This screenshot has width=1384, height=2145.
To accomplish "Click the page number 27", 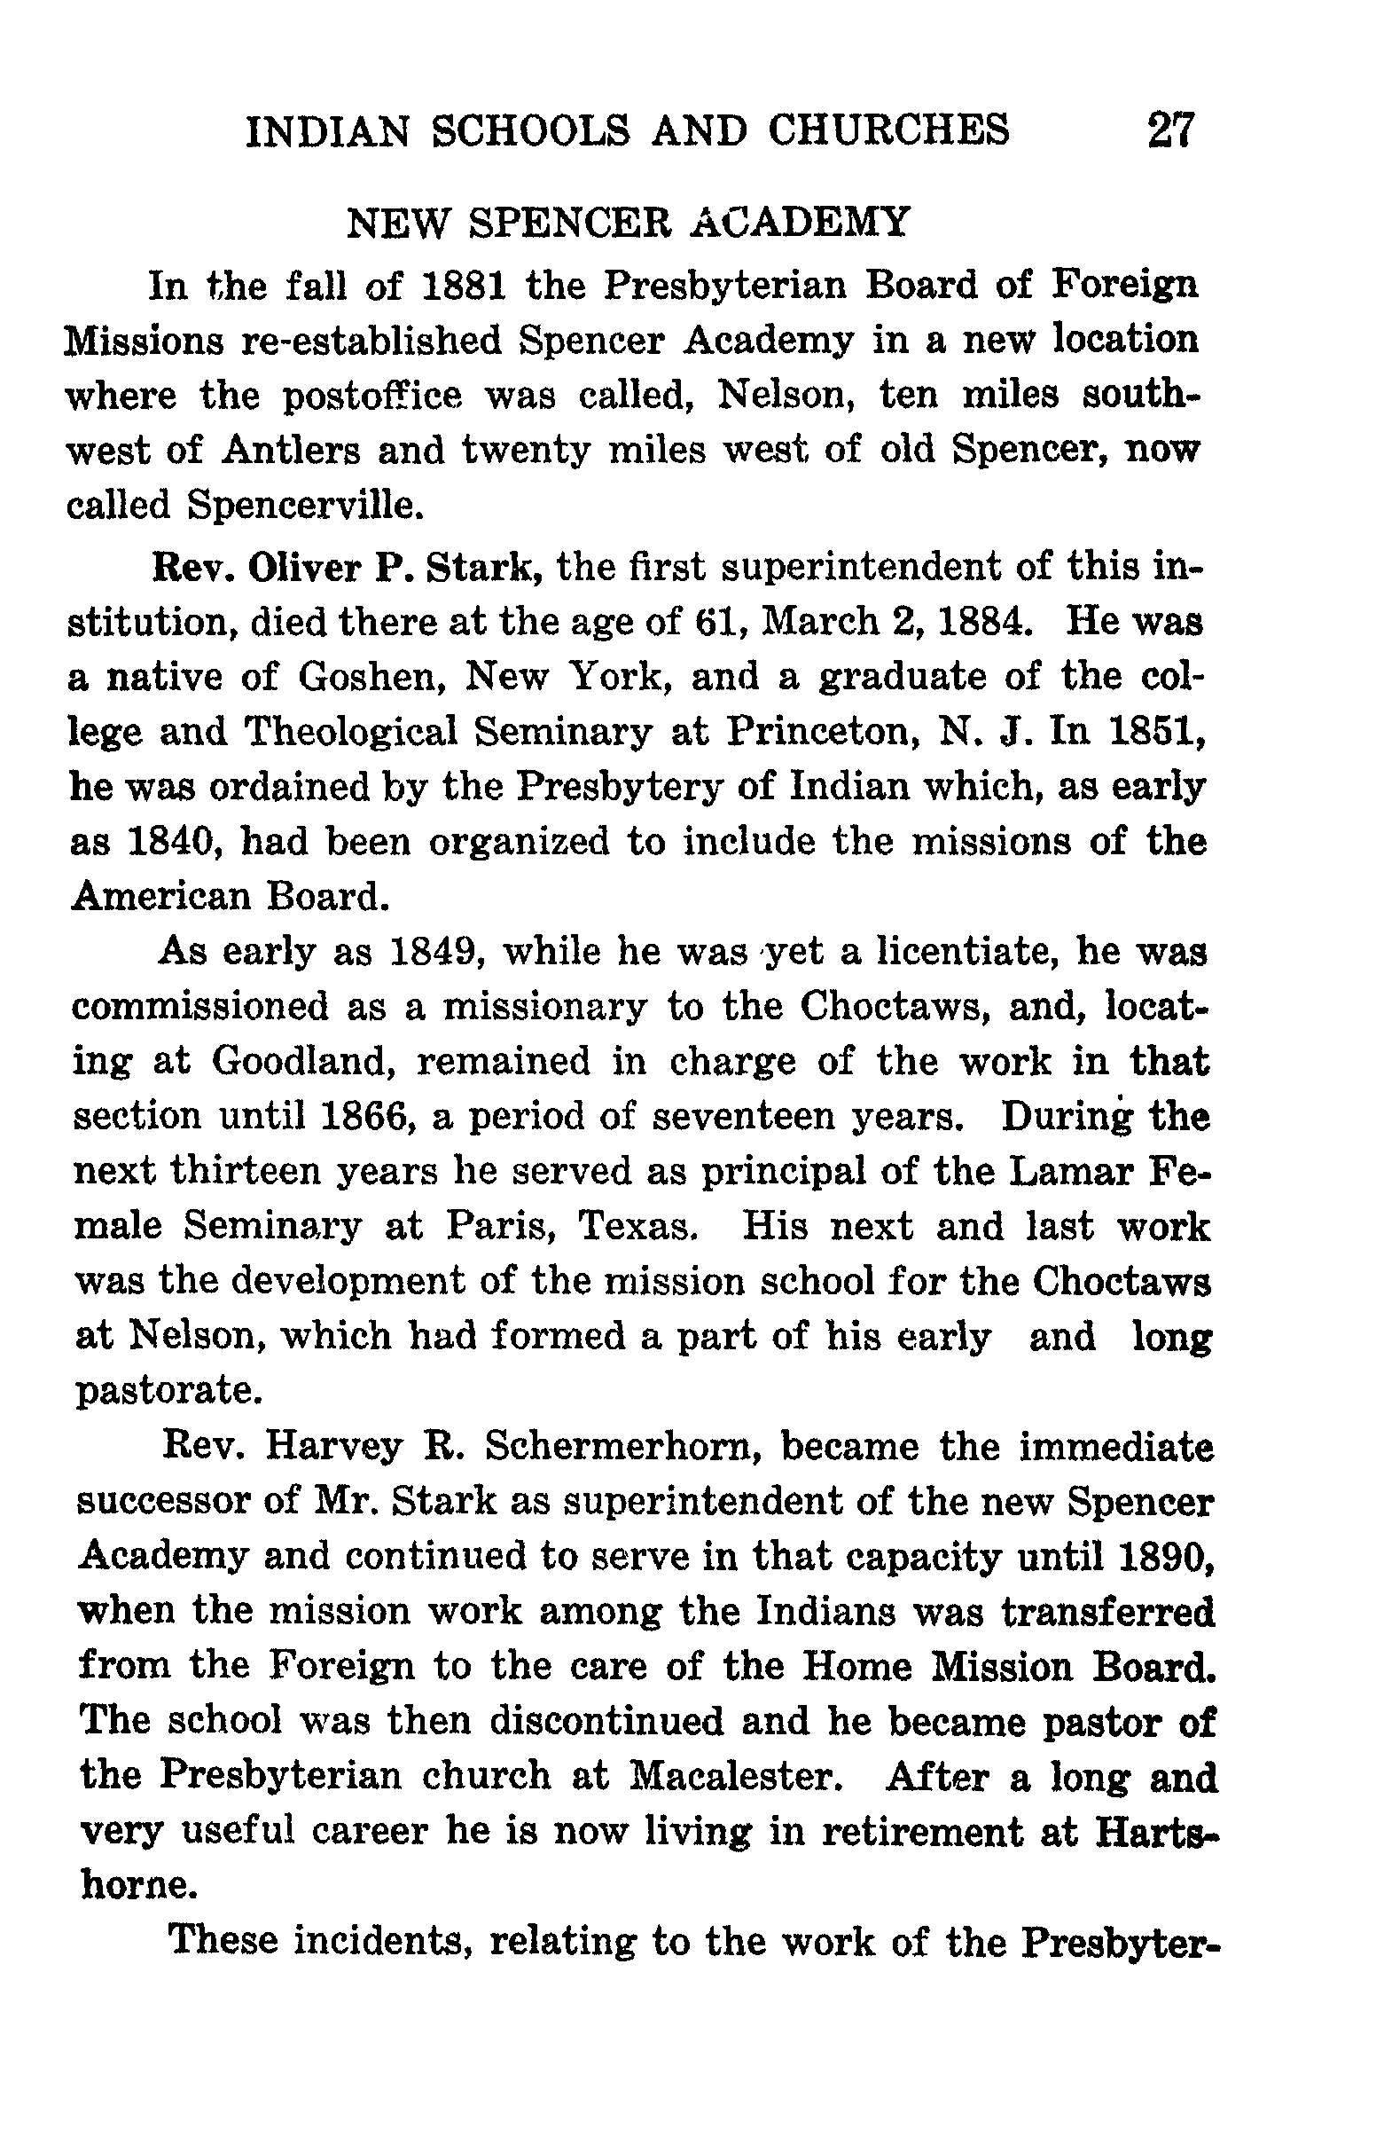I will click(1171, 130).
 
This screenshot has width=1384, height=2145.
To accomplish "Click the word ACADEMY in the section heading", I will click(802, 221).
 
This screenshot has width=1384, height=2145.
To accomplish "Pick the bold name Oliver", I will click(305, 567).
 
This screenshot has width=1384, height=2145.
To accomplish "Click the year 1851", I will click(1153, 732).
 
